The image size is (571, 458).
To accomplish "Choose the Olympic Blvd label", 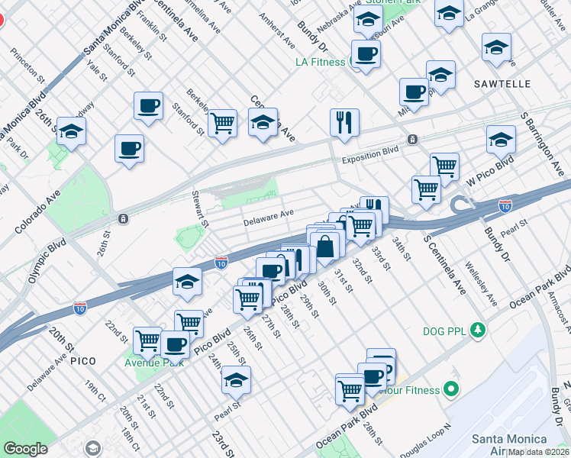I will click(x=47, y=261).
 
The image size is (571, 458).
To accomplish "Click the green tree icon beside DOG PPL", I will click(x=478, y=330).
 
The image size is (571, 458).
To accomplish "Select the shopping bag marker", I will click(x=325, y=247).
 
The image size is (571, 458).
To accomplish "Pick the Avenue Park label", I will click(x=150, y=361).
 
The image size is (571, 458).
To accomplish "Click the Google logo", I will click(x=25, y=449).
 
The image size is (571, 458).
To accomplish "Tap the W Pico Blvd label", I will click(x=490, y=175).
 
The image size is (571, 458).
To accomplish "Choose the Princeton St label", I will click(x=27, y=63).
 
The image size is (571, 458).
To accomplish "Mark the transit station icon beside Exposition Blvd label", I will click(x=412, y=139).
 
